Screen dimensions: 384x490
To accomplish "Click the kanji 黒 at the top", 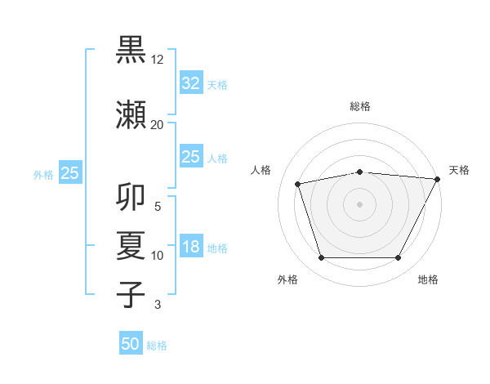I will (131, 50).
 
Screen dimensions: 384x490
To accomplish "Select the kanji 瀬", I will (131, 114).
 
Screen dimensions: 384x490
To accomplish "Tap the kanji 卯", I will (131, 198).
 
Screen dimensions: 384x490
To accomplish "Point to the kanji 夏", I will (131, 246).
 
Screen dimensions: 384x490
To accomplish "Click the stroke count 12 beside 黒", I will (158, 60).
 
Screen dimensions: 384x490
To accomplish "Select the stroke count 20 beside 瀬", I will (158, 124).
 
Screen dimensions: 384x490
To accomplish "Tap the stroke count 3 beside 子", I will (158, 306).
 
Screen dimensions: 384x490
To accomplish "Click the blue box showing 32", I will (190, 83).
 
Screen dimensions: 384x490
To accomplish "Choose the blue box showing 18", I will (190, 247).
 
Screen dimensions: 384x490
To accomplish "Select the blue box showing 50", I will (131, 344).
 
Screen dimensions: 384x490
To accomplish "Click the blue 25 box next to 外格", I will (69, 173).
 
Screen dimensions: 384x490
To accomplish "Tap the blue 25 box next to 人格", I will (190, 157).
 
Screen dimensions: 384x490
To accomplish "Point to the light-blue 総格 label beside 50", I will (157, 346).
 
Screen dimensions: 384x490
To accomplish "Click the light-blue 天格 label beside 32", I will (217, 84).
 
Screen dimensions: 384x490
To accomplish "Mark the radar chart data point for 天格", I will (438, 179).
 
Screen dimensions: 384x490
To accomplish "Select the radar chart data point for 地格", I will (398, 258).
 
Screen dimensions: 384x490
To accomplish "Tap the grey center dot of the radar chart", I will (359, 204).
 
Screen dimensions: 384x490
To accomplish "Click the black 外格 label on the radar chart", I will (287, 279).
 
